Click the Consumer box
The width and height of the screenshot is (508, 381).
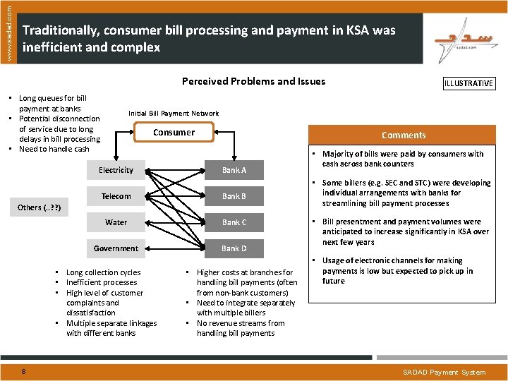174,132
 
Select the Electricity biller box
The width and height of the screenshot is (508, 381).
116,170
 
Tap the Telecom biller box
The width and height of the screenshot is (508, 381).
116,196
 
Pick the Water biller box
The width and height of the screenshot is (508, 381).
116,222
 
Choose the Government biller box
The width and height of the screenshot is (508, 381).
116,248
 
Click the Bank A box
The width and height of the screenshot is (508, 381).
234,170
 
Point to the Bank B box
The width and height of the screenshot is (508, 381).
234,196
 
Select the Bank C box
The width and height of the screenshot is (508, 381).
234,222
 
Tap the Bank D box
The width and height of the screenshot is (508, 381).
234,248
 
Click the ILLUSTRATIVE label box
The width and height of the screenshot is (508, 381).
468,83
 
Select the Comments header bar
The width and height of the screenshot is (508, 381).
404,135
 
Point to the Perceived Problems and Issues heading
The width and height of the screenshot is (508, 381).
253,81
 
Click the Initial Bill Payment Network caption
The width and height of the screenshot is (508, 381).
174,113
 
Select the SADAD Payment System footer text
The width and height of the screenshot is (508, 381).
444,372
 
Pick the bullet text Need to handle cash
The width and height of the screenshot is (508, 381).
54,149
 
